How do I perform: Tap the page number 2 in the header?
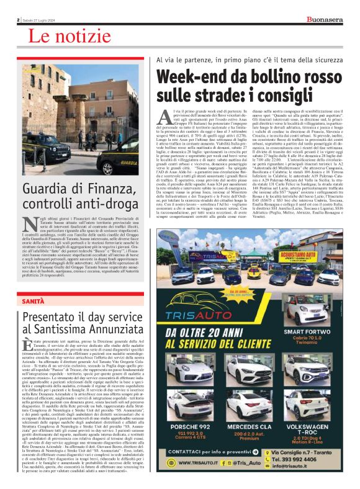19,19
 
